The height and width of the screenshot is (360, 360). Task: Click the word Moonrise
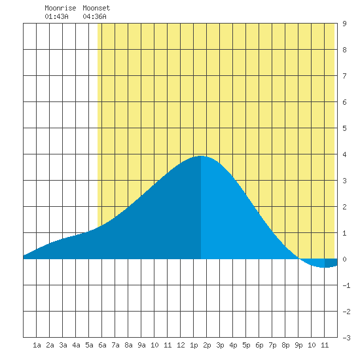pos(60,8)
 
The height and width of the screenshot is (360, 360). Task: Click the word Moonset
pos(96,8)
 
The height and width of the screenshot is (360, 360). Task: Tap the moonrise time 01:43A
pos(56,16)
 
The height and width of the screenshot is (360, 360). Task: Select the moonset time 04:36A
pos(95,16)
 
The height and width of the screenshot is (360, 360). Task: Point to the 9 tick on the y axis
pos(344,24)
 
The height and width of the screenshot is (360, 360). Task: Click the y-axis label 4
pos(344,154)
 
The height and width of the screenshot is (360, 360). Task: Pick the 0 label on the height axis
pos(344,259)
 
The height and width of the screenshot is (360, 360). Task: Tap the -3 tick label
pos(346,338)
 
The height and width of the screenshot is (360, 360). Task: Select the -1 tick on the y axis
pos(346,285)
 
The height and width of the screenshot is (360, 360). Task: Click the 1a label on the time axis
pos(37,345)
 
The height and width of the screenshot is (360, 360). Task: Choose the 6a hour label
pos(102,345)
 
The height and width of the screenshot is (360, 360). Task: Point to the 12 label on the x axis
pos(181,345)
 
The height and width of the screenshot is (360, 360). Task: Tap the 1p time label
pos(194,345)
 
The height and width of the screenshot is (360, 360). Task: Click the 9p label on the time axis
pos(298,345)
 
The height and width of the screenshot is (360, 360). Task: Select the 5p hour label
pos(246,345)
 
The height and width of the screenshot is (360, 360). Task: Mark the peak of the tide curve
pos(201,156)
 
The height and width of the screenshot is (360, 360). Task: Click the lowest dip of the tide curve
pos(324,268)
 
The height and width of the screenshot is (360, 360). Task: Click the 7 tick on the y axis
pos(344,76)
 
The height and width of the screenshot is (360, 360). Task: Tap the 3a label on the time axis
pos(63,345)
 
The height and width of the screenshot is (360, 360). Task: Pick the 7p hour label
pos(272,345)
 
